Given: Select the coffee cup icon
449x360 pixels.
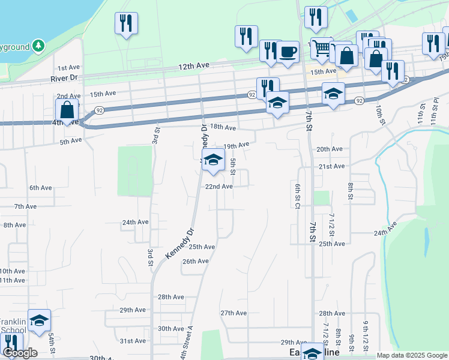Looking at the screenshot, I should coord(288,53).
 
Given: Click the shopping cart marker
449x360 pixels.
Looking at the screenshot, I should coord(322,48).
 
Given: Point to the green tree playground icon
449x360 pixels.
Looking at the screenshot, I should coord(38,45).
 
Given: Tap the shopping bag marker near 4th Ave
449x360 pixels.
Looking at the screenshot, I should coord(67,110).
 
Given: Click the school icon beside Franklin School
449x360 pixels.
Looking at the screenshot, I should coord(39,321).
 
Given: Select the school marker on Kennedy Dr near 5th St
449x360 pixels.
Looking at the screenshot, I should coord(212,160).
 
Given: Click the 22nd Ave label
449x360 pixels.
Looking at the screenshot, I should coord(219,187).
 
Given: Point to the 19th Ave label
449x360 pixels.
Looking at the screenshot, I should coord(236,146).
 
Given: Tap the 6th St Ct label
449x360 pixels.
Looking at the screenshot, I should coord(297,196).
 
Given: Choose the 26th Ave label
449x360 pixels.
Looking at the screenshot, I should coord(195,262).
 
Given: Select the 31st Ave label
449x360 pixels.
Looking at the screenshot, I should coord(133,341).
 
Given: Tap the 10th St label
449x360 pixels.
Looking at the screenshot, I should coord(380,113).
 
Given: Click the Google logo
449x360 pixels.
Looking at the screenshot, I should coord(20,352).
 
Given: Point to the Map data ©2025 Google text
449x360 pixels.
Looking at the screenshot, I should coord(411,355).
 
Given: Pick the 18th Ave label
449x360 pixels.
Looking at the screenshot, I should coord(224,127).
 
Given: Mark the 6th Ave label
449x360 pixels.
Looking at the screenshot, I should coord(41,188).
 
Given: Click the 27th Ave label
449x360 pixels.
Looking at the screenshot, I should coord(234,313).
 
